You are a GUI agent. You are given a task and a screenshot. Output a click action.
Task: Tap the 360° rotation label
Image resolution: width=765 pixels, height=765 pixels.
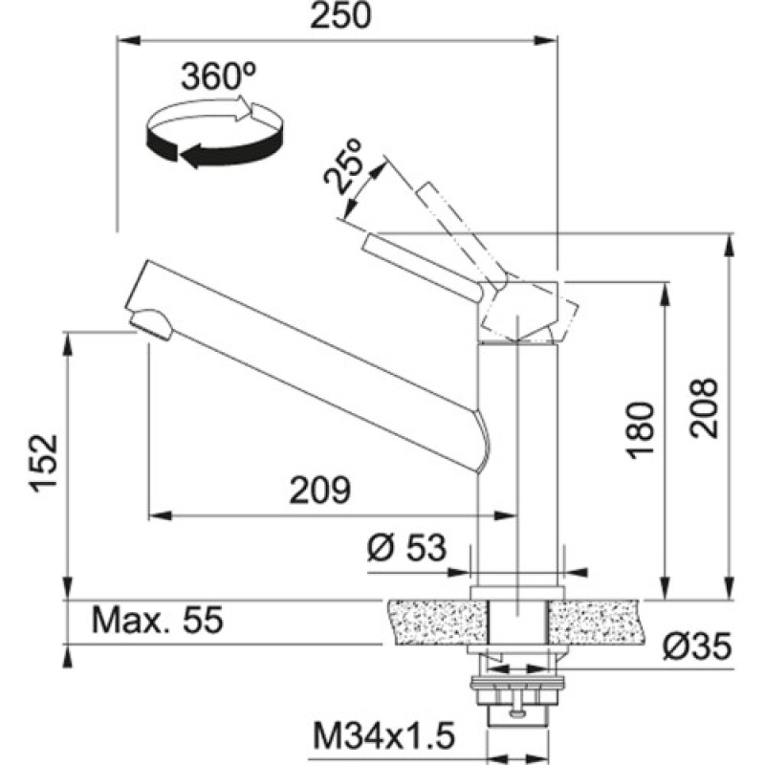[213, 77]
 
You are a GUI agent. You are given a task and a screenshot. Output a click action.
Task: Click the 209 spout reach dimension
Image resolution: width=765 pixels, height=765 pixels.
[321, 491]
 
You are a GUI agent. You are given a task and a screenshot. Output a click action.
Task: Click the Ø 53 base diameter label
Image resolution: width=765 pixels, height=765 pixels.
[407, 548]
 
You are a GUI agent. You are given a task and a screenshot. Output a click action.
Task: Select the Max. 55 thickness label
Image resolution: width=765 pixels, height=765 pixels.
[157, 621]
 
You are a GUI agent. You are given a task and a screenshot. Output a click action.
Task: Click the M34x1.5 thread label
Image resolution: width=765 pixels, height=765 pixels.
[382, 737]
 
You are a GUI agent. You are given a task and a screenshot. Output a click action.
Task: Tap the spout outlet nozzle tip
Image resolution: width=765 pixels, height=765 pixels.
[150, 325]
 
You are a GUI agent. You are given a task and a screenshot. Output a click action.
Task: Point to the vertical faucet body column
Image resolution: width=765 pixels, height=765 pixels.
[516, 459]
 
